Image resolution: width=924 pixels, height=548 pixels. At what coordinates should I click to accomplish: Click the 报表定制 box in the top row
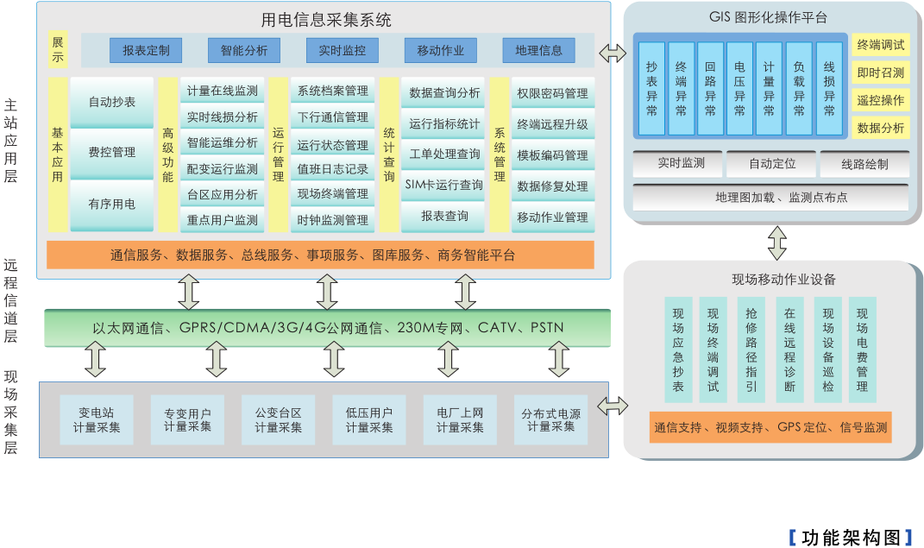coord(146,50)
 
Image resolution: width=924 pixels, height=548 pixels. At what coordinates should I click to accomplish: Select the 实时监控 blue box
coord(343,50)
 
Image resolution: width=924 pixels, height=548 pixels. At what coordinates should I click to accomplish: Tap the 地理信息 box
coord(538,50)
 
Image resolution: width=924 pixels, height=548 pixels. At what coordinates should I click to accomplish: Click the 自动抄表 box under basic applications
coord(112,102)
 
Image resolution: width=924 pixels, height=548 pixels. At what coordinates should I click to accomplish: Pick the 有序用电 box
coord(112,205)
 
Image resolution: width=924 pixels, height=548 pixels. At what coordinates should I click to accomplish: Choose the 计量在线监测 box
coord(223,91)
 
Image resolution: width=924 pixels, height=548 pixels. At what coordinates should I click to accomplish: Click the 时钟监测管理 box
coord(333,220)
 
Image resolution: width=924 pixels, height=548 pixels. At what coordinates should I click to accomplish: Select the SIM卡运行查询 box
coord(445,184)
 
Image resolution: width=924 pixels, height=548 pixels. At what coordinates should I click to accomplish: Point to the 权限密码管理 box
coord(552,93)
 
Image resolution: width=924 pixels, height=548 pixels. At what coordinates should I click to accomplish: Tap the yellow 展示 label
coord(58,50)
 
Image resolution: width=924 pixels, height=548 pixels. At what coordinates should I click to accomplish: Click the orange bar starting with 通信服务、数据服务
coord(320,255)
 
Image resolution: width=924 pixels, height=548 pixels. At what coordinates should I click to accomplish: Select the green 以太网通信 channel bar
coord(328,328)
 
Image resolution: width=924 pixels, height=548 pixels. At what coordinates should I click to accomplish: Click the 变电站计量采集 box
coord(97,419)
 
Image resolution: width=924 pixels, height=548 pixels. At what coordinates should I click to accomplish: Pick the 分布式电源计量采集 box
coord(550,419)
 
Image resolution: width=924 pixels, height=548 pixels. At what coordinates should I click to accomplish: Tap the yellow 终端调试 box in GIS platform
coord(881,45)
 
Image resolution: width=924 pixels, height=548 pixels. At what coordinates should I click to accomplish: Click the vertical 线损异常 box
coord(829,88)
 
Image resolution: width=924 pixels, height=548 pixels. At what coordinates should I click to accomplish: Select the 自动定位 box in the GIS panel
coord(772,163)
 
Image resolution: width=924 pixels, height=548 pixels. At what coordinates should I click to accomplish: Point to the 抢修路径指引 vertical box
coord(751,350)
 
